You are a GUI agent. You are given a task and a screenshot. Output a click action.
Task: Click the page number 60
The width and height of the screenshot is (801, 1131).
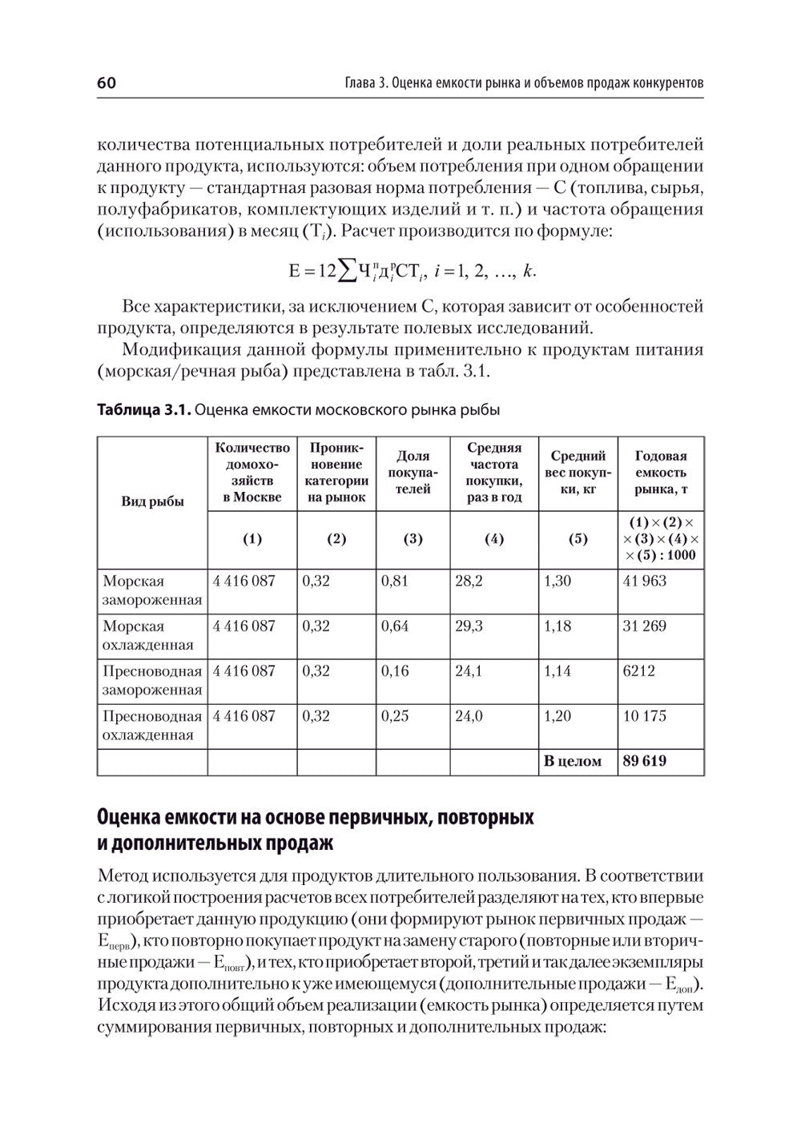point(107,83)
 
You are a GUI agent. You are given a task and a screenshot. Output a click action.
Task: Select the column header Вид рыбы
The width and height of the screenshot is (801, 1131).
point(152,501)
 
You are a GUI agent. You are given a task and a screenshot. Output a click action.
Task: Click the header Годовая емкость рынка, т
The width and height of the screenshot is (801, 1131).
point(661,473)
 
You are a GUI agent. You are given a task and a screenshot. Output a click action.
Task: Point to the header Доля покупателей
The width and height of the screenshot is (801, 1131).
point(413,473)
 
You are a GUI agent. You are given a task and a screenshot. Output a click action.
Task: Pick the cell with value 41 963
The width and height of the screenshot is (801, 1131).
point(644,582)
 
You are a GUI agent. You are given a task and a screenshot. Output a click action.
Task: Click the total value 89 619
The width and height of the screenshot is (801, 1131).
point(644,761)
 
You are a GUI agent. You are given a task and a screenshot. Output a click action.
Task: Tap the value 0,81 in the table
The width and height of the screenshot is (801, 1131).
point(395,582)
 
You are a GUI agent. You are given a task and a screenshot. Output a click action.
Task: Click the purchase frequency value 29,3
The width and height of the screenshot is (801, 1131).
point(469,626)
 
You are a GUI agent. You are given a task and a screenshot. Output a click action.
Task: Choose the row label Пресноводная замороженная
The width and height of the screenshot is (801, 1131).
point(152,680)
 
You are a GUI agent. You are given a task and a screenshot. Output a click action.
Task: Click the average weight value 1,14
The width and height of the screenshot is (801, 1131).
point(557,671)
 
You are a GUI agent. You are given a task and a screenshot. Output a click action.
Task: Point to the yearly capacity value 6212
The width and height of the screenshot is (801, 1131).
point(638,671)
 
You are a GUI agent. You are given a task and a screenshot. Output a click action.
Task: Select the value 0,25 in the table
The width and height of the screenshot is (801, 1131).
point(395,716)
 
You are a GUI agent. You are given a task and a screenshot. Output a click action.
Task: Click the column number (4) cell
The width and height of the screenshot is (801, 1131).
point(494,539)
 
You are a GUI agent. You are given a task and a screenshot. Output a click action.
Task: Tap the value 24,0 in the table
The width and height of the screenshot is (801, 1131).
point(469,716)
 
